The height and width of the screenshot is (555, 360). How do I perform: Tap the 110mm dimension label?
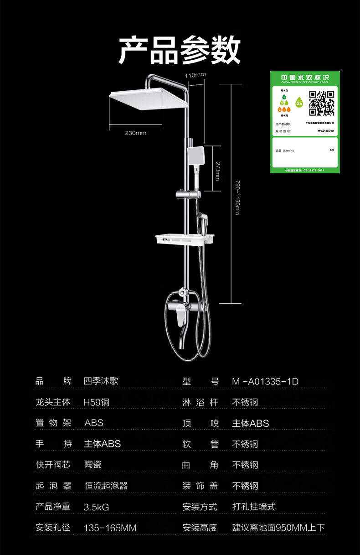click(195, 75)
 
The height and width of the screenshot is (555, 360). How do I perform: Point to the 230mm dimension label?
click(136, 133)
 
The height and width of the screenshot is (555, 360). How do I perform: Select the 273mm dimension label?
click(218, 171)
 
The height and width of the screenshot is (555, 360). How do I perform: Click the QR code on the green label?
click(322, 103)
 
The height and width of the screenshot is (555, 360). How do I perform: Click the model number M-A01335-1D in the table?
click(265, 381)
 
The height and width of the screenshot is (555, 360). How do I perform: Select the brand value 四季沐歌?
click(101, 381)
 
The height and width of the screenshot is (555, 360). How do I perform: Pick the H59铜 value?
click(97, 402)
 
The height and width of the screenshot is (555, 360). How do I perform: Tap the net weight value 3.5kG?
click(97, 507)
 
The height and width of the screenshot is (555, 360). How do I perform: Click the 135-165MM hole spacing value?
click(110, 528)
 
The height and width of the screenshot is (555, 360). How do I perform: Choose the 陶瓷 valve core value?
click(93, 465)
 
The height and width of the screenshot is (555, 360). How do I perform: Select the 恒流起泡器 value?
click(106, 486)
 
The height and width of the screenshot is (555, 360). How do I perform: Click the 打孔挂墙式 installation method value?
click(254, 507)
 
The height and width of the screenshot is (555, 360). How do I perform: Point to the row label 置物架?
click(53, 423)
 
